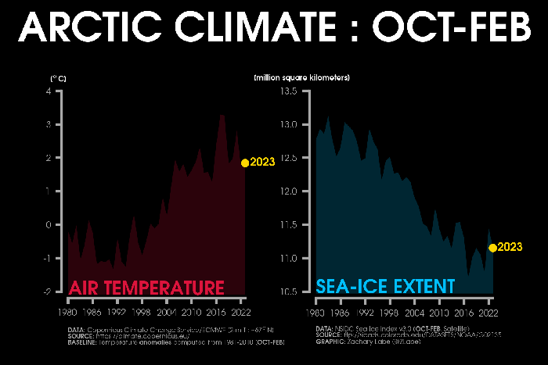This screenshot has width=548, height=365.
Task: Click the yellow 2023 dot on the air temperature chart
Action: pyautogui.click(x=245, y=163)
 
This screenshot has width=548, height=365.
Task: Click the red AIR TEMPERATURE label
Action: pyautogui.click(x=147, y=287)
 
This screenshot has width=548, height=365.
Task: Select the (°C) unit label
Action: pyautogui.click(x=58, y=78)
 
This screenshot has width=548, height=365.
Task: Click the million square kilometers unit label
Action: pyautogui.click(x=301, y=78)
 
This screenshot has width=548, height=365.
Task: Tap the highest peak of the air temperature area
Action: pyautogui.click(x=222, y=115)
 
